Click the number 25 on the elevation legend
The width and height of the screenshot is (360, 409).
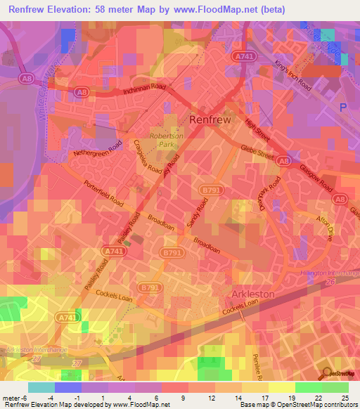pyautogui.click(x=343, y=398)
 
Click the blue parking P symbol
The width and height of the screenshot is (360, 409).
pyautogui.click(x=343, y=108)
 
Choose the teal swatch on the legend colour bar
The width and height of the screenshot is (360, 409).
pyautogui.click(x=41, y=387)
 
